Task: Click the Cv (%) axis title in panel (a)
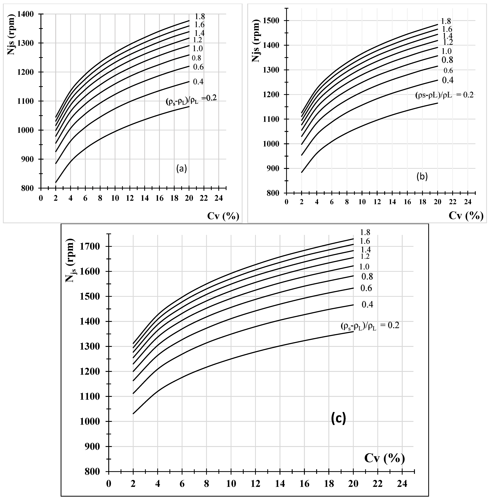pyautogui.click(x=223, y=216)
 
